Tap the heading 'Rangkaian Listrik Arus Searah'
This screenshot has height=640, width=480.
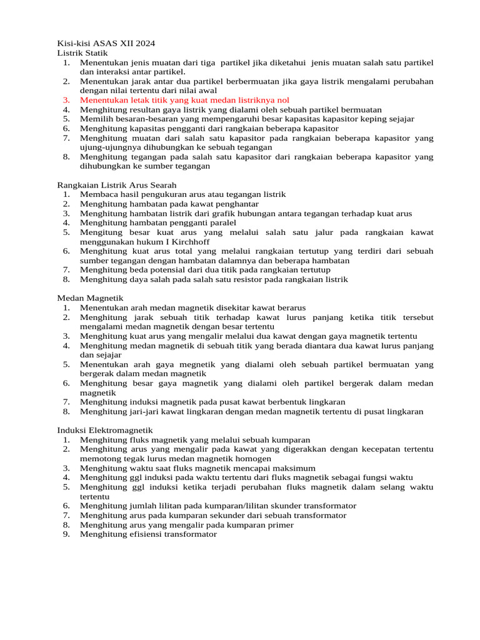coord(116,184)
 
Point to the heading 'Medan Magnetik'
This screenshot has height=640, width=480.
coord(91,298)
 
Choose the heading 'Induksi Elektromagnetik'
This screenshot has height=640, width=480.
coord(104,430)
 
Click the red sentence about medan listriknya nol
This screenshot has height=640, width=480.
coord(184,100)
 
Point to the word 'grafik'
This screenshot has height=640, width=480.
coord(231,213)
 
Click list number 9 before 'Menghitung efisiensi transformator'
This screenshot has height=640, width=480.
coord(66,534)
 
